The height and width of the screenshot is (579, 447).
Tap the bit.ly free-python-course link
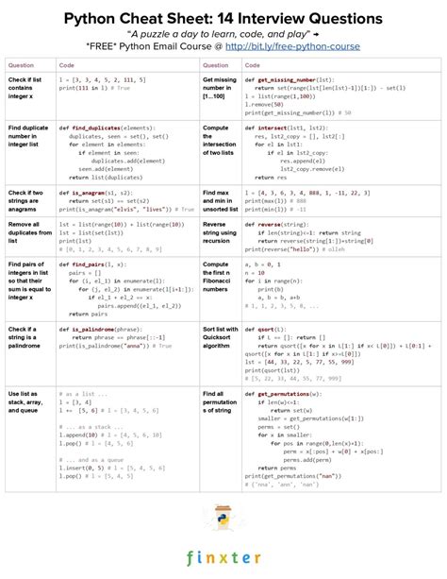coord(307,44)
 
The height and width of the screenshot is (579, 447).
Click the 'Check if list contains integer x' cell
coord(25,93)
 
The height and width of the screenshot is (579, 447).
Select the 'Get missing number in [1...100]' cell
coord(219,93)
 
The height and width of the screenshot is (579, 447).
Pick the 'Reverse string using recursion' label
coord(219,233)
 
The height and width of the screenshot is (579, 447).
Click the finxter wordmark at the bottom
coord(223,557)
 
